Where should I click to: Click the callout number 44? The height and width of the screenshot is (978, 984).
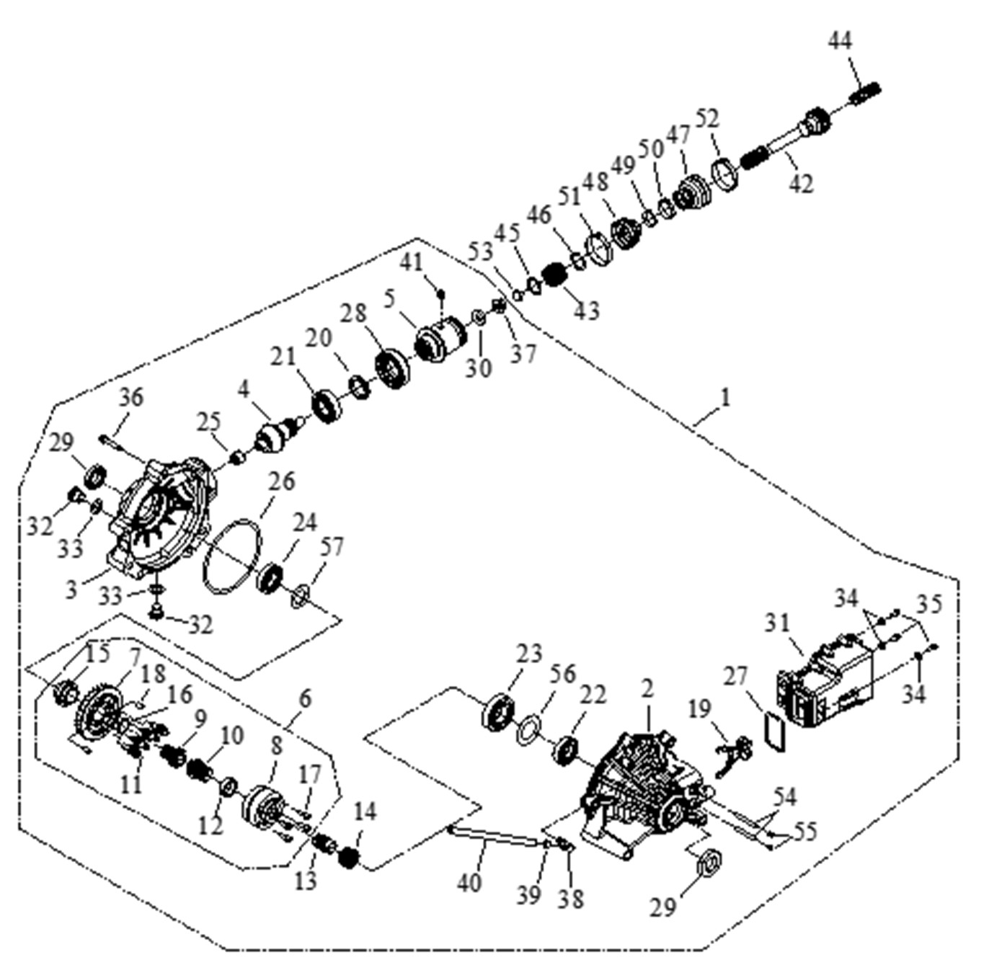click(x=839, y=41)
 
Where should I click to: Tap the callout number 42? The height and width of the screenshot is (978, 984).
click(x=800, y=183)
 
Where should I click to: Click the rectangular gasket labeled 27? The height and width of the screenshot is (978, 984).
click(x=774, y=732)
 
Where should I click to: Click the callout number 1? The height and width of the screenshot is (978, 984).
click(x=726, y=396)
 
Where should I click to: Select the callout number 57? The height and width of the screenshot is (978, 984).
click(x=332, y=547)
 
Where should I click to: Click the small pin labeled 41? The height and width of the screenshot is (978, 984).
click(x=441, y=293)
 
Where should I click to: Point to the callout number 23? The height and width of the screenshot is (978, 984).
click(x=528, y=654)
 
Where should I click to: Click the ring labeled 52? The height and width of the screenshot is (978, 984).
click(x=725, y=174)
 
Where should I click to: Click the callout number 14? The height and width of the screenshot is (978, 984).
click(x=365, y=812)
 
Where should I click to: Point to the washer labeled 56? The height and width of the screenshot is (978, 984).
click(x=530, y=731)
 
